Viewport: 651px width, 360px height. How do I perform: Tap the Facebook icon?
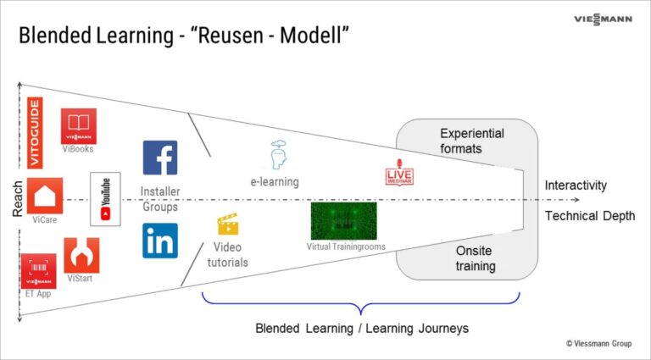tap(160, 158)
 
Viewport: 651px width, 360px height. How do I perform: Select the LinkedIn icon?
tap(160, 241)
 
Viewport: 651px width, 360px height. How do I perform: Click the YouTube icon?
tap(105, 200)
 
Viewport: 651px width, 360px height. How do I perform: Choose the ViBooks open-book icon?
tap(78, 125)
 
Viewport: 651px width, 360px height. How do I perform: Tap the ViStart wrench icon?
tap(81, 255)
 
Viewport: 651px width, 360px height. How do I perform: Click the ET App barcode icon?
tap(38, 270)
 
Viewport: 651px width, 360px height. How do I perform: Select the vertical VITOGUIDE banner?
tap(35, 133)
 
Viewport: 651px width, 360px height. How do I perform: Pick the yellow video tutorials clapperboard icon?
tap(227, 224)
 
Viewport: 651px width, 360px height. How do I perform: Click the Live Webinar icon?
tap(398, 175)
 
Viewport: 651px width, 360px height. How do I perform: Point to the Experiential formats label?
tap(472, 141)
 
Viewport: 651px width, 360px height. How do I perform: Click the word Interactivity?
tap(576, 186)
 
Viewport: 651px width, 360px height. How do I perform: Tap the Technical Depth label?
tap(589, 216)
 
